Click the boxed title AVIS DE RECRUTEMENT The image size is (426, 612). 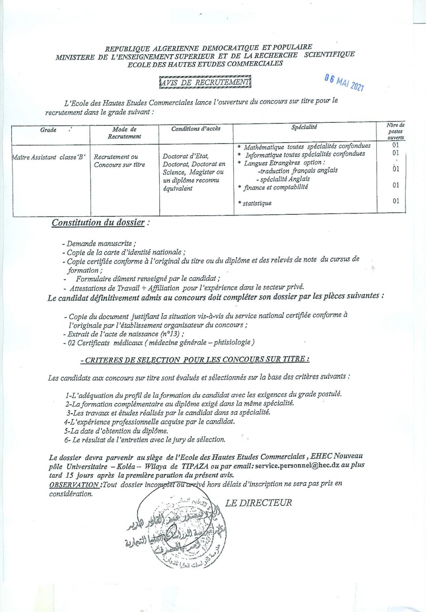click(x=205, y=82)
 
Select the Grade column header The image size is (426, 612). click(x=49, y=130)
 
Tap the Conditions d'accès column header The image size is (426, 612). click(x=196, y=129)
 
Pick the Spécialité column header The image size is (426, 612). click(x=304, y=127)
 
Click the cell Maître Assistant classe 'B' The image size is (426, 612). click(x=49, y=157)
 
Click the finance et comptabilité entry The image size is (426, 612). click(x=275, y=187)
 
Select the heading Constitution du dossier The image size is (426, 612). click(x=98, y=222)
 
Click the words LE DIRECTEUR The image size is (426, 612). click(x=259, y=503)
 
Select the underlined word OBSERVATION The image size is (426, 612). click(x=74, y=484)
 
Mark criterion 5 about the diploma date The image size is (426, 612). click(x=116, y=431)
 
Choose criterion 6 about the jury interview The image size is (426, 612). click(x=145, y=440)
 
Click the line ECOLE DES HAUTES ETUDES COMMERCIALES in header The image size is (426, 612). click(x=205, y=64)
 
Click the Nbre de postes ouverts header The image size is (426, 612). click(x=395, y=131)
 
